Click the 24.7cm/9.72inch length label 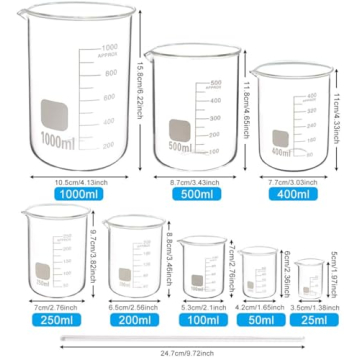click(x=180, y=352)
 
